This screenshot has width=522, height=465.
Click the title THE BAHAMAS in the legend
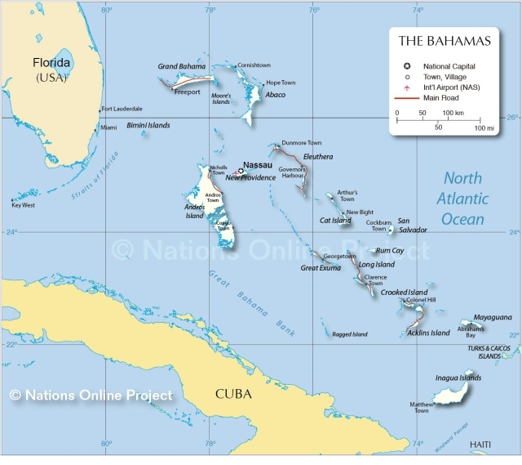(445, 41)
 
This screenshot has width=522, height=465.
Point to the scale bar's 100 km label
(453, 112)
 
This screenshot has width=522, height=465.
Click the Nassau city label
(257, 164)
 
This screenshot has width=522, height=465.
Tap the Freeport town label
(188, 92)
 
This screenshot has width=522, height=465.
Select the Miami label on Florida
(108, 127)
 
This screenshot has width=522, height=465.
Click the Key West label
(23, 205)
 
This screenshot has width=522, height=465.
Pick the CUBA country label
(233, 394)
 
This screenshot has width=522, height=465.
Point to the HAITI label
(480, 444)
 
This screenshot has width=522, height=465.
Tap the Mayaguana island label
(493, 316)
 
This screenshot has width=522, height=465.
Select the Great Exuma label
(321, 267)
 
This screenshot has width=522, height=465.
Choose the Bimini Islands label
(148, 125)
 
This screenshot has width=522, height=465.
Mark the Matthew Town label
(420, 407)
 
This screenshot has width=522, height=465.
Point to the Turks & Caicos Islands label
(489, 352)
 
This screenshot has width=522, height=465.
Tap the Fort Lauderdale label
(122, 109)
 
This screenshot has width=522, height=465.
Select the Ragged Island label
(350, 334)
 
